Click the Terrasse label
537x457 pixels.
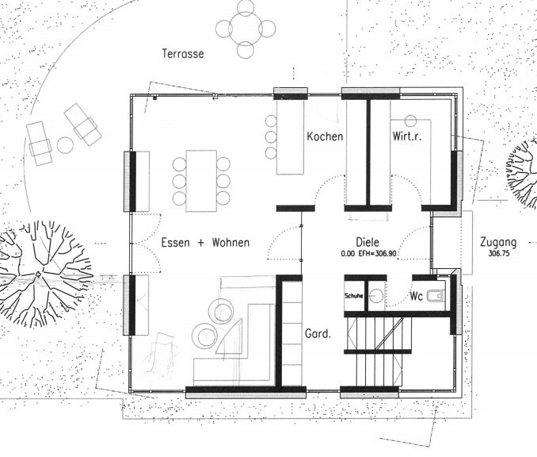pos(183,54)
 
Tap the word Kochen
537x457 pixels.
pos(325,136)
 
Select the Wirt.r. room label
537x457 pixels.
pos(407,136)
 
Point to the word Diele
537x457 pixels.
pos(368,242)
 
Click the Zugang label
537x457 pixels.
pos(498,243)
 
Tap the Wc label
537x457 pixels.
pos(417,296)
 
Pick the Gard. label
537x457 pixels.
pos(318,333)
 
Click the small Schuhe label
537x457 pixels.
pos(354,296)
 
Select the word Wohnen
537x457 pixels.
pos(230,243)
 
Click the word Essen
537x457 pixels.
pos(175,243)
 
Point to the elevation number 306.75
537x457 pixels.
pos(499,254)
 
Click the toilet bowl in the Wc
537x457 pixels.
pos(436,296)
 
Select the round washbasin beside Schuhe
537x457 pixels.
pos(377,295)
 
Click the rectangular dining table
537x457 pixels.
pos(201,181)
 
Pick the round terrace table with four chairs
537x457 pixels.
pos(246,29)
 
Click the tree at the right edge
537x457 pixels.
pos(522,173)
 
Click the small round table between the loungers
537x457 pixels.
pos(65,145)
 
